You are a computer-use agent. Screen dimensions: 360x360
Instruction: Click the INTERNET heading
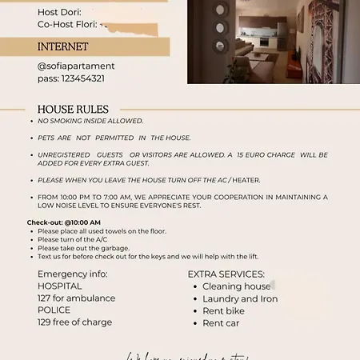pyautogui.click(x=63, y=47)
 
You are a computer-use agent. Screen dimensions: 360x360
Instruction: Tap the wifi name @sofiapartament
pyautogui.click(x=76, y=66)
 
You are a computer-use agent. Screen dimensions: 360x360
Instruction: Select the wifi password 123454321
pyautogui.click(x=70, y=78)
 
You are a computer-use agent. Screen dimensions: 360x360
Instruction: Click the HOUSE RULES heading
pyautogui.click(x=73, y=110)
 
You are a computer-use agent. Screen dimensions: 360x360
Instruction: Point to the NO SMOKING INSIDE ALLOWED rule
pyautogui.click(x=90, y=121)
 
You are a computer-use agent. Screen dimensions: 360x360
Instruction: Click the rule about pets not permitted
pyautogui.click(x=114, y=138)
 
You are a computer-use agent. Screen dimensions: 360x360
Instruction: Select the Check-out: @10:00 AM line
pyautogui.click(x=64, y=222)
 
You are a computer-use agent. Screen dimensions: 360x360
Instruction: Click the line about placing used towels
pyautogui.click(x=102, y=231)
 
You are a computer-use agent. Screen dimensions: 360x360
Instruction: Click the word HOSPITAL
pyautogui.click(x=59, y=286)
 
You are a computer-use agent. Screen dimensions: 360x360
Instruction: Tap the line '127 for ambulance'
pyautogui.click(x=76, y=298)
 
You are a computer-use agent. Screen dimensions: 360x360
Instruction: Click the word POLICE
pyautogui.click(x=54, y=310)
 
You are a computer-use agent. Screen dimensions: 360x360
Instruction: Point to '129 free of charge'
pyautogui.click(x=74, y=322)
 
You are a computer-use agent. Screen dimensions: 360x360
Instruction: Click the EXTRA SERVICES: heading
pyautogui.click(x=226, y=274)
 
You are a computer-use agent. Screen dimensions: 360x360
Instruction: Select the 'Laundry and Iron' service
pyautogui.click(x=240, y=298)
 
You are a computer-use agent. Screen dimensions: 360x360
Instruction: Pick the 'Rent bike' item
pyautogui.click(x=223, y=311)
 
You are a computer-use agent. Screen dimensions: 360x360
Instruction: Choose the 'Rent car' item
pyautogui.click(x=221, y=323)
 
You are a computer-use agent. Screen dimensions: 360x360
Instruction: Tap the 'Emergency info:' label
pyautogui.click(x=72, y=274)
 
